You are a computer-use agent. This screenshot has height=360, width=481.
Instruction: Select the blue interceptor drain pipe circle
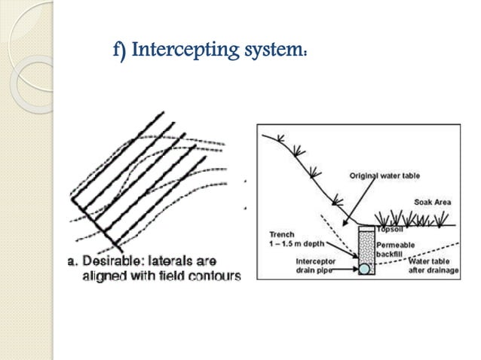point(363,267)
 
